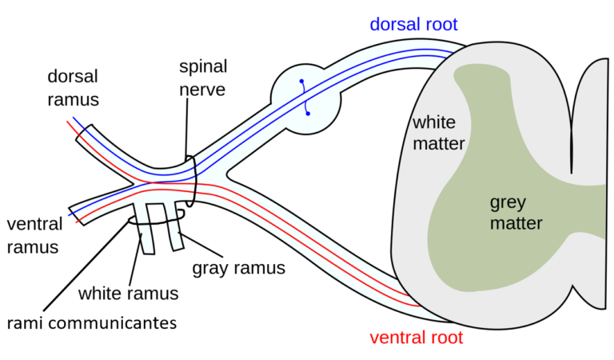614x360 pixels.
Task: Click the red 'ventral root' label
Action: point(416,337)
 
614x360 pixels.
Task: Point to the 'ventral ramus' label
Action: point(33,234)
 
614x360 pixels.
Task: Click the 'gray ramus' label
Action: point(238,267)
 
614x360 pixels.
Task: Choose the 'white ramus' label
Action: point(128,293)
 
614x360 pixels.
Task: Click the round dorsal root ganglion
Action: point(306,98)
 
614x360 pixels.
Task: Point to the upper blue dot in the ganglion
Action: point(301,82)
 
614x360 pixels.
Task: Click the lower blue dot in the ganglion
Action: point(308,113)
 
